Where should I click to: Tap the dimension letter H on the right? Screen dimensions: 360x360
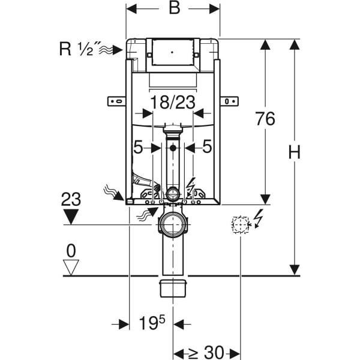[x=293, y=154]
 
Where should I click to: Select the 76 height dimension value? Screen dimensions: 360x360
[x=265, y=119]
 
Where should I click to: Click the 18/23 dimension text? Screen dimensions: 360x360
[x=173, y=103]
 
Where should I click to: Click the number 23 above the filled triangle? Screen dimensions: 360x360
[x=71, y=199]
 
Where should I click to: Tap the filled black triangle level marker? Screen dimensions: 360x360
[x=71, y=217]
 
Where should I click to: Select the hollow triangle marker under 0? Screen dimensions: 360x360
[x=71, y=268]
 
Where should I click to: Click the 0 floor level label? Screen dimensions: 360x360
[x=71, y=248]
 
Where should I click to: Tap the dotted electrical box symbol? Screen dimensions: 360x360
[x=240, y=225]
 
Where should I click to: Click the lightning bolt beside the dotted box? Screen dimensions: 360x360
[x=258, y=217]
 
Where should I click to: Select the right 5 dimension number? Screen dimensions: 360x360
[x=206, y=146]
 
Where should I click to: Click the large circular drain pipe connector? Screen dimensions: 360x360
[x=173, y=225]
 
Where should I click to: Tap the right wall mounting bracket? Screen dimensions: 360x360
[x=229, y=101]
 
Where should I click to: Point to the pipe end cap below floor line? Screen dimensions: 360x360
[x=173, y=287]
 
